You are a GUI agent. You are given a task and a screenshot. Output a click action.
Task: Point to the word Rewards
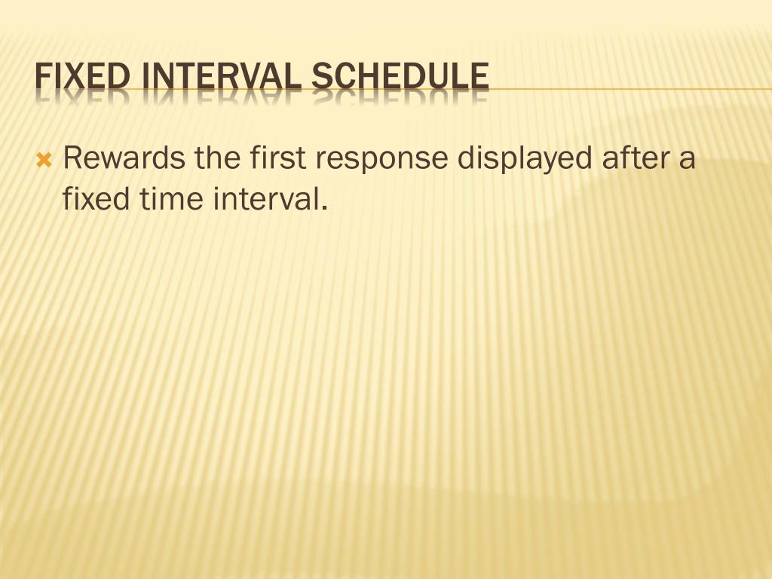pyautogui.click(x=124, y=159)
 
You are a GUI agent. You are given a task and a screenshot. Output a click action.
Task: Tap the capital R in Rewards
pyautogui.click(x=72, y=159)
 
